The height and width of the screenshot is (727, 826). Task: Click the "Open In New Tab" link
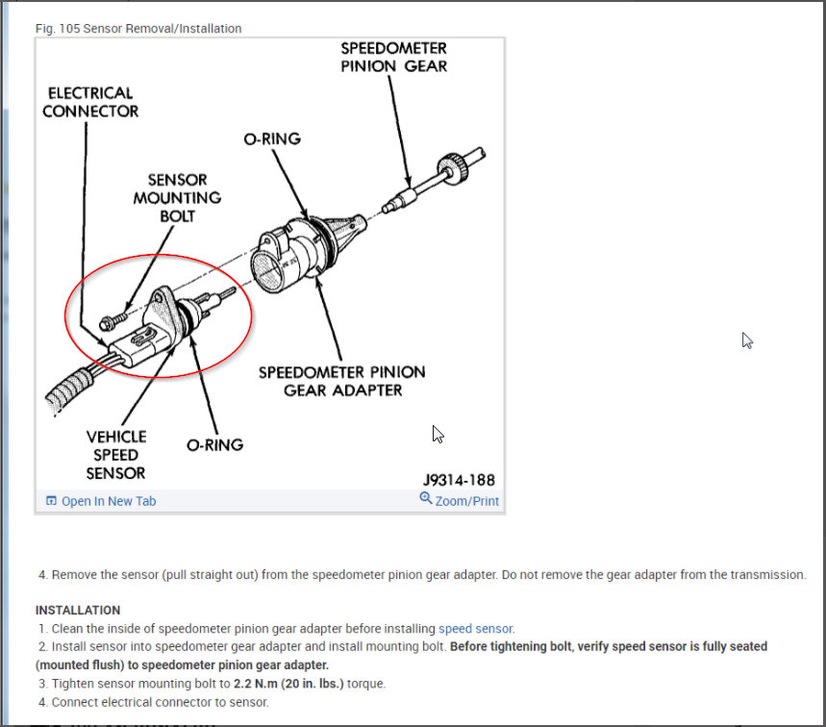coord(108,501)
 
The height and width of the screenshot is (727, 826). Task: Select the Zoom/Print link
coord(466,501)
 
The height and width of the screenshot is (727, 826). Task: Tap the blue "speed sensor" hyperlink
coord(468,629)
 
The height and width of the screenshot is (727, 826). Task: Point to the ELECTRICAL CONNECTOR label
coord(90,102)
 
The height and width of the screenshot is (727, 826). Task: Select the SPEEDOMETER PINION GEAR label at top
coord(394,57)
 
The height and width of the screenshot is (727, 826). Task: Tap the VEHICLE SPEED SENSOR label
coord(116,455)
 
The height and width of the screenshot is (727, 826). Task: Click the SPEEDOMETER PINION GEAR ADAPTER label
coord(341,381)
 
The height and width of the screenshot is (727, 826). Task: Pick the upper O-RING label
coord(272,138)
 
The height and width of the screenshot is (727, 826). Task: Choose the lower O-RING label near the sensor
coord(214,445)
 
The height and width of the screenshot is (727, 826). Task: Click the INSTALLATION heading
coord(78,610)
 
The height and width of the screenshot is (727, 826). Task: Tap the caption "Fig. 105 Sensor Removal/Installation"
coord(138,29)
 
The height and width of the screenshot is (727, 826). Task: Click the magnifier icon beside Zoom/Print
coord(426,499)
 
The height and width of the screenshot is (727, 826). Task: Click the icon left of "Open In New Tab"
coord(51,501)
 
